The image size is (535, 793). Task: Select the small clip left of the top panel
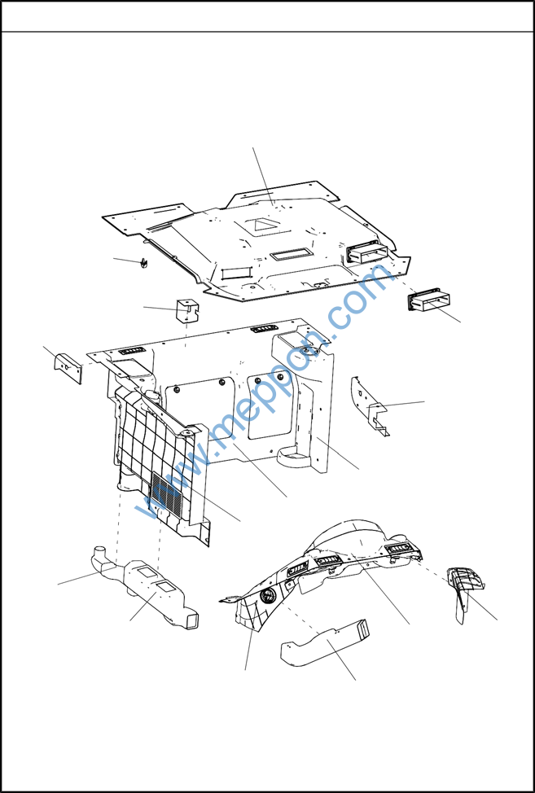(x=143, y=263)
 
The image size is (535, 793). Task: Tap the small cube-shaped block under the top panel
(x=187, y=310)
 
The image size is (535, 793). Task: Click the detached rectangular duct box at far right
(x=429, y=301)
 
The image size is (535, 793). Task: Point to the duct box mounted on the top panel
(x=367, y=252)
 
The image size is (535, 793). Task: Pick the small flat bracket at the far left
(x=68, y=368)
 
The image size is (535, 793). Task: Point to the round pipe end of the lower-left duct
(x=99, y=551)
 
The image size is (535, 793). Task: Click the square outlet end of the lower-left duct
(x=193, y=620)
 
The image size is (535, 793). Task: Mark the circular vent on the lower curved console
(x=266, y=596)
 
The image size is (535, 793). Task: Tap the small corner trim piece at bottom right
(x=464, y=592)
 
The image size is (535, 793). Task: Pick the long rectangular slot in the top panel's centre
(x=291, y=254)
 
